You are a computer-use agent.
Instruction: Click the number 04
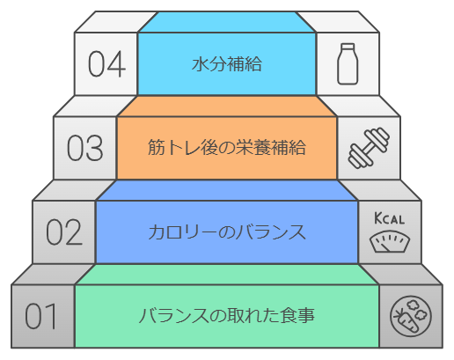107,64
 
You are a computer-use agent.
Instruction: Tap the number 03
85,148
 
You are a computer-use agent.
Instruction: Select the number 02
64,232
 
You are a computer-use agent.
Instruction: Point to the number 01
40,316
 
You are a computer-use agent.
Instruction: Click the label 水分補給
227,64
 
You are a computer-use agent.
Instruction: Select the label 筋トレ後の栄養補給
227,147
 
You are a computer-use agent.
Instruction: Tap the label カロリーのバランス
227,232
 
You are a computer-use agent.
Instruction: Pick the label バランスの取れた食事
227,316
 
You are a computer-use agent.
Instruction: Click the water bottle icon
348,64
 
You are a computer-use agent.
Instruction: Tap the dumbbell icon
369,148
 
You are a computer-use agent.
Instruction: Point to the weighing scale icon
390,241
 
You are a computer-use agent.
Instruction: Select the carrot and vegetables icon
411,316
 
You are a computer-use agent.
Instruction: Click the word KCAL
390,218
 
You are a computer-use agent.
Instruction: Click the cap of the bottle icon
348,47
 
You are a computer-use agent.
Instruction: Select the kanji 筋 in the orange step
156,147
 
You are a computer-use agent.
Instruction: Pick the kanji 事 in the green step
306,316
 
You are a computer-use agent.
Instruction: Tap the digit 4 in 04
117,64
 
